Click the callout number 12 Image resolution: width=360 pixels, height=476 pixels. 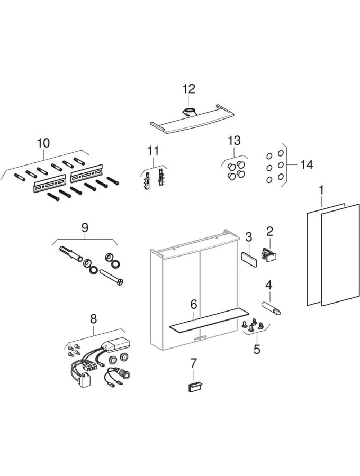[x=189, y=89]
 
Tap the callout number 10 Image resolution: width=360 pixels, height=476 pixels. [x=43, y=143]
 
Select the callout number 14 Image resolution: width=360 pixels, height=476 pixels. [x=307, y=164]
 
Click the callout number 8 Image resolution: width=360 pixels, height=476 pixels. [x=93, y=318]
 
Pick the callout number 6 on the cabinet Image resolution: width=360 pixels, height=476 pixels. [x=194, y=304]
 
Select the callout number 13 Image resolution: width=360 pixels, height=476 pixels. [x=234, y=141]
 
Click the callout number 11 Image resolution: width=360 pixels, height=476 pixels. [x=153, y=151]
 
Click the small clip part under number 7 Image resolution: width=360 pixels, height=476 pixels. [x=193, y=387]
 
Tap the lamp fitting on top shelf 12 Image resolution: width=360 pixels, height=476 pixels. [x=189, y=112]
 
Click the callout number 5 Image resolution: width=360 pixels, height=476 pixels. [x=257, y=349]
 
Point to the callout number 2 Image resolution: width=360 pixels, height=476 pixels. [x=269, y=231]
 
